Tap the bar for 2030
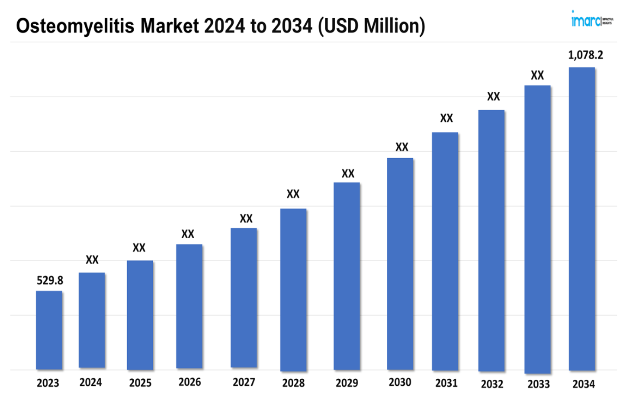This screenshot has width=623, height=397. [x=400, y=263]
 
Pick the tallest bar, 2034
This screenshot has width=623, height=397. [x=581, y=218]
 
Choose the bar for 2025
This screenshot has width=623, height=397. [x=140, y=315]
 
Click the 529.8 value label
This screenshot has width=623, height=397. [x=50, y=280]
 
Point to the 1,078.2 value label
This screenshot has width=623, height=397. [x=585, y=55]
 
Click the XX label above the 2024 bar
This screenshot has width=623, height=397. [x=92, y=259]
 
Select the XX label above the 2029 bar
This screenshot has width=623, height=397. [x=348, y=173]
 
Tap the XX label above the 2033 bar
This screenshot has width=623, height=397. [x=537, y=75]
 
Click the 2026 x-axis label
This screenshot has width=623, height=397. [x=189, y=382]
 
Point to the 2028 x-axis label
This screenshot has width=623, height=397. [x=293, y=383]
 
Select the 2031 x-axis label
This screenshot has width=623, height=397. [x=446, y=383]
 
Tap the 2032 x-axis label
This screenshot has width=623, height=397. [x=492, y=384]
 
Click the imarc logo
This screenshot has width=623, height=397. [x=591, y=20]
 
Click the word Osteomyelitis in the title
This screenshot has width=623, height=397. [x=75, y=26]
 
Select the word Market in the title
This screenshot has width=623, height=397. [x=170, y=26]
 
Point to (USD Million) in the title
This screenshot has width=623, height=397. [x=371, y=26]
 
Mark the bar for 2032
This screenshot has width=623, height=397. [x=491, y=240]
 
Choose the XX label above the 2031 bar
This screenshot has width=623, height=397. [x=446, y=118]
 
